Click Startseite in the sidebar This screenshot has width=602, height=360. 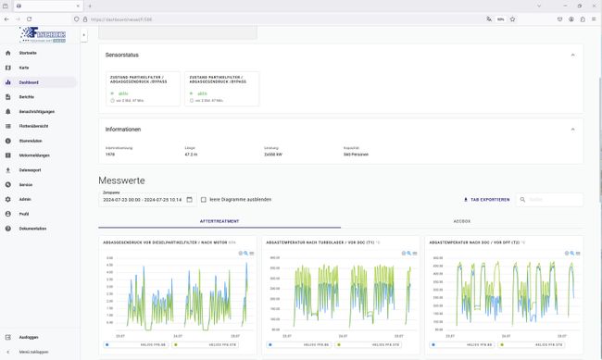28,54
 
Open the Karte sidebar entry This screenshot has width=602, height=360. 24,68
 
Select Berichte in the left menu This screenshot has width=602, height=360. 27,96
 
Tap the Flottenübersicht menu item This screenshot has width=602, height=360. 33,126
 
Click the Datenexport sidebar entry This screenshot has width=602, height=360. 31,169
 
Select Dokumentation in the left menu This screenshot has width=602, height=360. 33,228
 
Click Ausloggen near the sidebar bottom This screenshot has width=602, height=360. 29,338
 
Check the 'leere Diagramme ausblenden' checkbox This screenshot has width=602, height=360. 204,199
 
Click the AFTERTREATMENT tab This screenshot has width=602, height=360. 219,222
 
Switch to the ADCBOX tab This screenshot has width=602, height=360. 461,222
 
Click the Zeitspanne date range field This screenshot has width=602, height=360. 146,199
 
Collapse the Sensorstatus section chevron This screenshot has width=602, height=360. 571,55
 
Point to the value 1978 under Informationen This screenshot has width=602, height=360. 110,154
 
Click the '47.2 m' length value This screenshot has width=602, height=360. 192,154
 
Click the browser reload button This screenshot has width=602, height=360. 30,19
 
